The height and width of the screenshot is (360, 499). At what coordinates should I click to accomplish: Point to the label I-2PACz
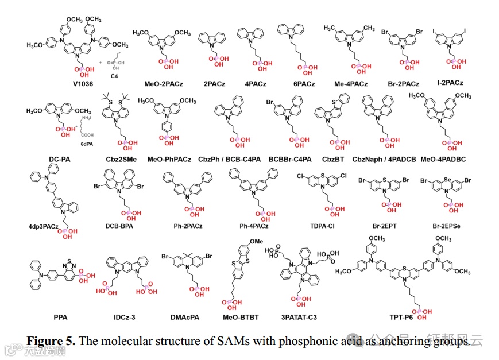coord(450,83)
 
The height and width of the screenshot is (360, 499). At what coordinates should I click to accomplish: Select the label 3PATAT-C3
coord(300,317)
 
